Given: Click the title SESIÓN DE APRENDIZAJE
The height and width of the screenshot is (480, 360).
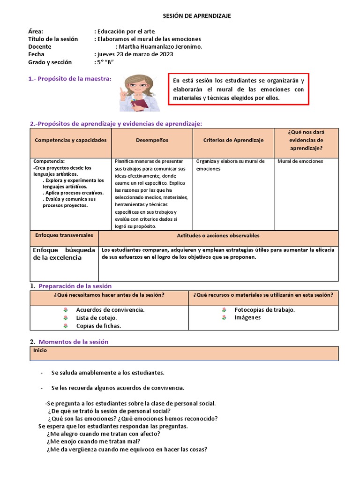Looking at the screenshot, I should pos(197,16).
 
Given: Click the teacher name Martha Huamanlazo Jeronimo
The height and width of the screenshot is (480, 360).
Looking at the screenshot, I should pos(160,46).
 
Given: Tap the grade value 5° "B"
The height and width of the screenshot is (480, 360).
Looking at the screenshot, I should pos(105,62).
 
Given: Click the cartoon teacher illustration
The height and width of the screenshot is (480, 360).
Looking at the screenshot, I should pos(139,92).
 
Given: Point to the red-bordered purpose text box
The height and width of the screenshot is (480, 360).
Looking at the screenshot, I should pos(238,89).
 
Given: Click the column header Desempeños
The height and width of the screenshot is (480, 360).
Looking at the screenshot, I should pos(152,140).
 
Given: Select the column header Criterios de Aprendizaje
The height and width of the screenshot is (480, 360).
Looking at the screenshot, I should pos(233,140).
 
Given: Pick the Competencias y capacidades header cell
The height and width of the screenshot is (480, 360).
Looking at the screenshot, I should pos(71,140).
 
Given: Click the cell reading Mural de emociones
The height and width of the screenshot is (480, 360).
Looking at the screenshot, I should pos(300,161).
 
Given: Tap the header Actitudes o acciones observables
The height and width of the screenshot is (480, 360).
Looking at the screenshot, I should pos(218,236).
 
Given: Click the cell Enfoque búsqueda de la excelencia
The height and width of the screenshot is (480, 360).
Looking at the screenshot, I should pos(64,254).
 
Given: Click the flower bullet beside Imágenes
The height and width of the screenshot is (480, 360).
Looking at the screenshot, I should pos(224,317).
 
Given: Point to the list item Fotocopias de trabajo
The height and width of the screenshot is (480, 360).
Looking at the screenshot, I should pos(264,310).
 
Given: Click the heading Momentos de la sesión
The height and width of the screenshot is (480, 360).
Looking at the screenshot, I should pos(73,342).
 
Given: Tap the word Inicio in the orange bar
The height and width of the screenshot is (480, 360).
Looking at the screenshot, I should pos(40,350).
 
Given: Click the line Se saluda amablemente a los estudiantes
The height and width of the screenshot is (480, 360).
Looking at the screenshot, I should pos(108,373).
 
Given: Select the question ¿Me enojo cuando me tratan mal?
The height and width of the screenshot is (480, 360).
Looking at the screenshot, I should pos(93,441).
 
